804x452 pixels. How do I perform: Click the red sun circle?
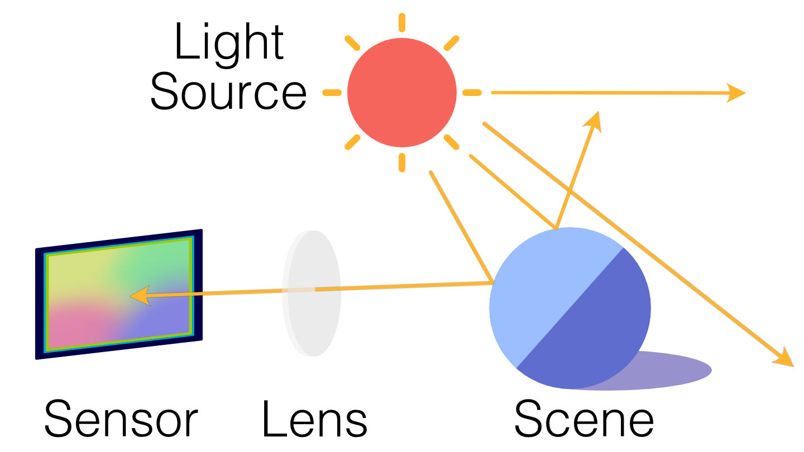click(402, 92)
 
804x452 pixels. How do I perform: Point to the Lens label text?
click(314, 419)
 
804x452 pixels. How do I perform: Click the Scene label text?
click(583, 419)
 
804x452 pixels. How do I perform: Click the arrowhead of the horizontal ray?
click(736, 93)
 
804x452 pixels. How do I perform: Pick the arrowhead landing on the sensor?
click(140, 295)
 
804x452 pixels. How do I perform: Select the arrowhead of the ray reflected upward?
click(595, 121)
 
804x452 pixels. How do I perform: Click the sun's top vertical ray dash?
click(401, 22)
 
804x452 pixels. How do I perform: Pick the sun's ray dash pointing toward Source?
click(332, 93)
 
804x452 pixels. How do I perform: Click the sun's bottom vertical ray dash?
click(402, 162)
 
